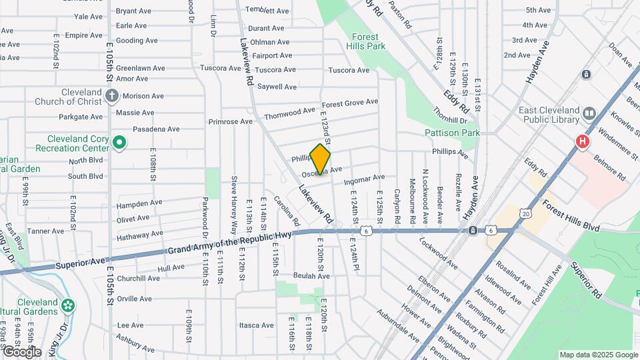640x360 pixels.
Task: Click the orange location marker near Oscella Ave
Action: (x=321, y=159)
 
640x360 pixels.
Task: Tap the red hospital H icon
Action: (x=583, y=141)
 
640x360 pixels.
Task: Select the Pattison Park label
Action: (x=452, y=133)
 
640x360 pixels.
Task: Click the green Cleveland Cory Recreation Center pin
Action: (x=119, y=141)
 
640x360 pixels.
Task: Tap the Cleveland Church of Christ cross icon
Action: (x=111, y=97)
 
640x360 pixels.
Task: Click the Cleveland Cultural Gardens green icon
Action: (x=67, y=306)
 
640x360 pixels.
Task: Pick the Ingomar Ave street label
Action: (x=365, y=178)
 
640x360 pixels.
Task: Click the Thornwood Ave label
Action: (x=289, y=115)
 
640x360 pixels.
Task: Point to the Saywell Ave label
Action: (x=277, y=87)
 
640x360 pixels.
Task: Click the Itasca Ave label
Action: (x=257, y=325)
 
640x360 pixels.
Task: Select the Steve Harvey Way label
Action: (x=234, y=198)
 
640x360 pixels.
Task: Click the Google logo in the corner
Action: (x=21, y=351)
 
